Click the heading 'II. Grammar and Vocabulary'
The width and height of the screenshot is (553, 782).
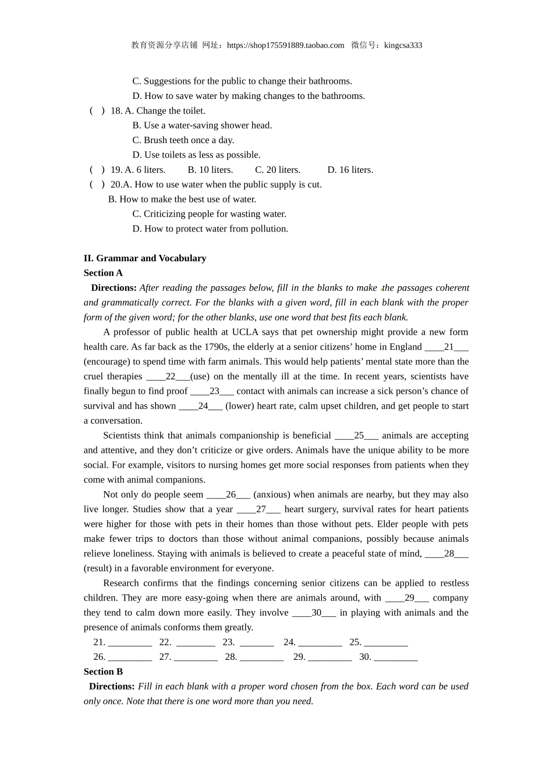click(145, 258)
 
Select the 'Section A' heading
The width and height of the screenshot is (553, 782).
click(103, 273)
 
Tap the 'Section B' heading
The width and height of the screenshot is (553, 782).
click(103, 671)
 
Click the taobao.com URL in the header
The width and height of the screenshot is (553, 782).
click(285, 45)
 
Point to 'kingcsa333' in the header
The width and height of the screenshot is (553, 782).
click(403, 45)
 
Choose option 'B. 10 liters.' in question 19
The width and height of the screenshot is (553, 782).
click(210, 170)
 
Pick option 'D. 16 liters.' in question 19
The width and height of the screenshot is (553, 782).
click(350, 170)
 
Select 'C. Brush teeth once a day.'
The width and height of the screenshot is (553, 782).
click(183, 140)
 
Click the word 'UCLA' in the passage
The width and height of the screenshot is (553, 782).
click(245, 332)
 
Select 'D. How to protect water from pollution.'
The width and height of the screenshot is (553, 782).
click(210, 229)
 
